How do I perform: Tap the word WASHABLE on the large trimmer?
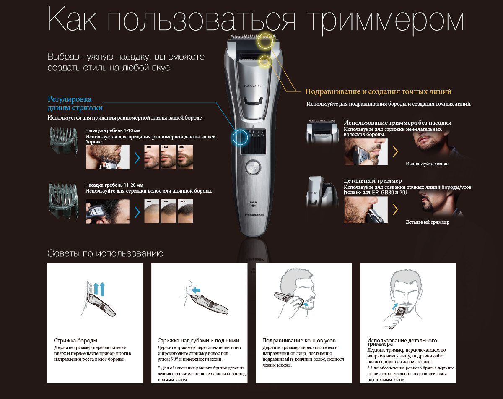(x=253, y=86)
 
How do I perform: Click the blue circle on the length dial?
(x=241, y=137)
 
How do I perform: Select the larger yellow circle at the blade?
(x=265, y=42)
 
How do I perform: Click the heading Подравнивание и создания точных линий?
(x=378, y=91)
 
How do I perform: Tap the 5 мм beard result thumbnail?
(x=185, y=157)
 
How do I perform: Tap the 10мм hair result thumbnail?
(x=185, y=212)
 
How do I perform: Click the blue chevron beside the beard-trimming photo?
(x=137, y=158)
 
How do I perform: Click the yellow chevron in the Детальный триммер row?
(x=395, y=209)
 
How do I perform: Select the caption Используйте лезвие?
(x=427, y=164)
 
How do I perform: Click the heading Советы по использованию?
(x=105, y=253)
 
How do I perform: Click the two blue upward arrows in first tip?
(x=99, y=289)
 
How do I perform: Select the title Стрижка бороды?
(x=75, y=340)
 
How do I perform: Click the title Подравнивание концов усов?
(x=299, y=340)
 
